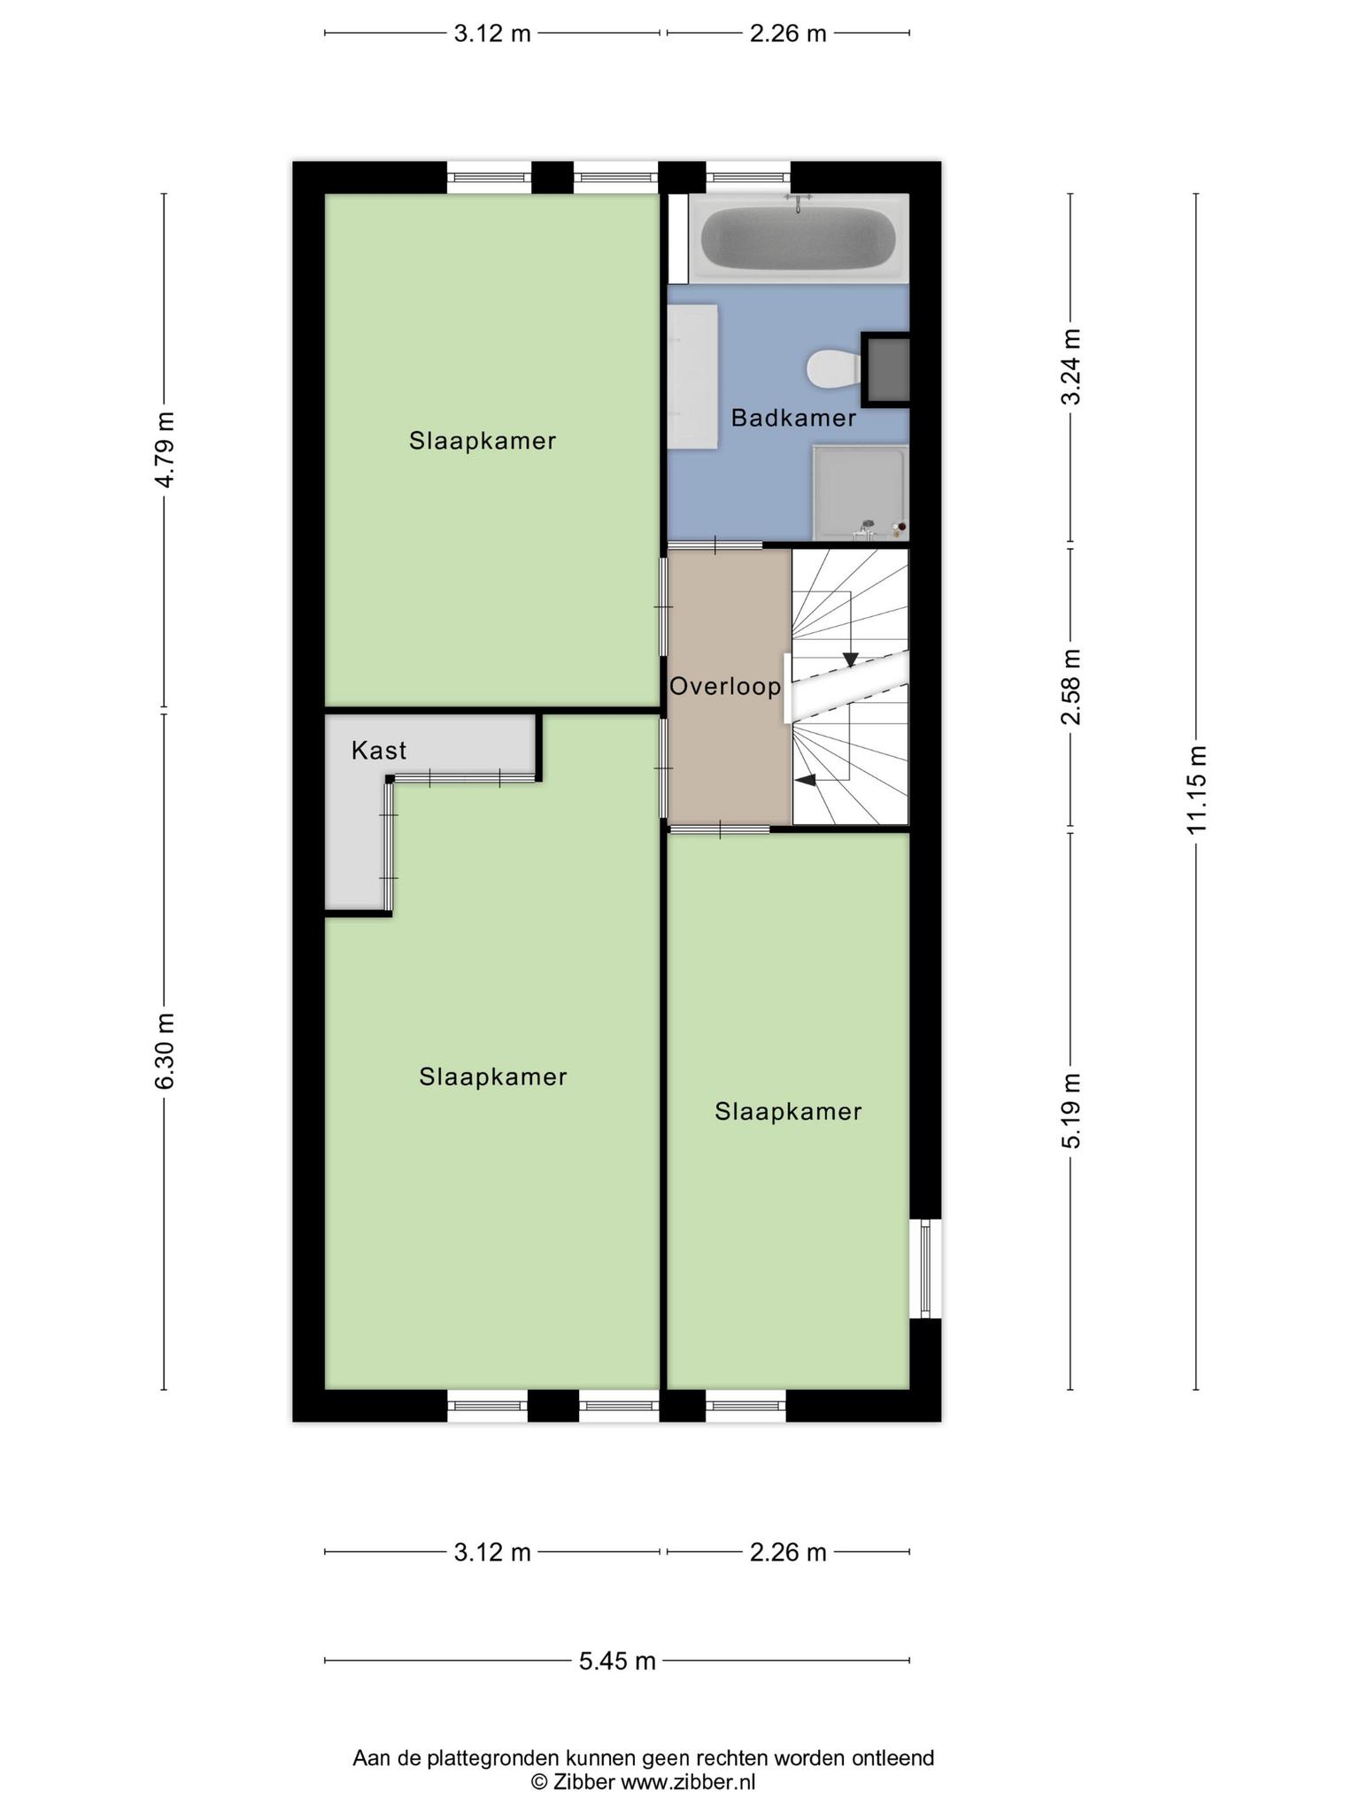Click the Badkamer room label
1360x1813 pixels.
coord(793,418)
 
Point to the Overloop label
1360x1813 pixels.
coord(725,686)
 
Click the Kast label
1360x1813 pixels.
coord(379,751)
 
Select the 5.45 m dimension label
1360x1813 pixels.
coord(617,1661)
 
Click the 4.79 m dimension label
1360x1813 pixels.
coord(164,449)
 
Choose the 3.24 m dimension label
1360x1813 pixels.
coord(1071,366)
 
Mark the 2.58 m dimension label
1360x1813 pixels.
coord(1071,687)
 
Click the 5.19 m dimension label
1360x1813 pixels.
coord(1071,1111)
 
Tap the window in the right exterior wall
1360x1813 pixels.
coord(925,1269)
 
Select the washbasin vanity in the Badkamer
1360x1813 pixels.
coord(692,376)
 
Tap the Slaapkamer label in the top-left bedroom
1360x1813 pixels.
coord(483,441)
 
